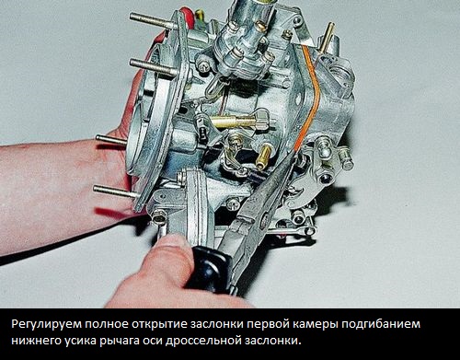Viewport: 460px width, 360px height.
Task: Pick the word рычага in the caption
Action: (119, 341)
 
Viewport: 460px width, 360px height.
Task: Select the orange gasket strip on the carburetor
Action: (308, 99)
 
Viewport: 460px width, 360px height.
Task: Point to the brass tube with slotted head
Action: (240, 121)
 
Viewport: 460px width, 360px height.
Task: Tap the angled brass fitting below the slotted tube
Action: (263, 156)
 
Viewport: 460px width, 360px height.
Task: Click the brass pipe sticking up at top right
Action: (327, 36)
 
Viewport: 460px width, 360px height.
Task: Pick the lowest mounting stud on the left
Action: (115, 192)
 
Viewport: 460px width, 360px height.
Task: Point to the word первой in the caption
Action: (265, 324)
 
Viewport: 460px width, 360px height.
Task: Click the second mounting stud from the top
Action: (153, 67)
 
